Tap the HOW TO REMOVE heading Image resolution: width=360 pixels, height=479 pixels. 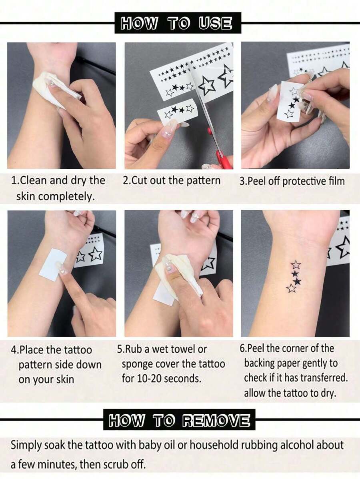coord(179,420)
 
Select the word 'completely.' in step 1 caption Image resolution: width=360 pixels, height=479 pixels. coord(55,197)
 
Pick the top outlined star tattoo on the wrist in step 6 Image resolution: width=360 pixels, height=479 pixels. coord(296,265)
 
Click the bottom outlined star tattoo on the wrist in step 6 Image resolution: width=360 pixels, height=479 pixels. coord(291,288)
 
